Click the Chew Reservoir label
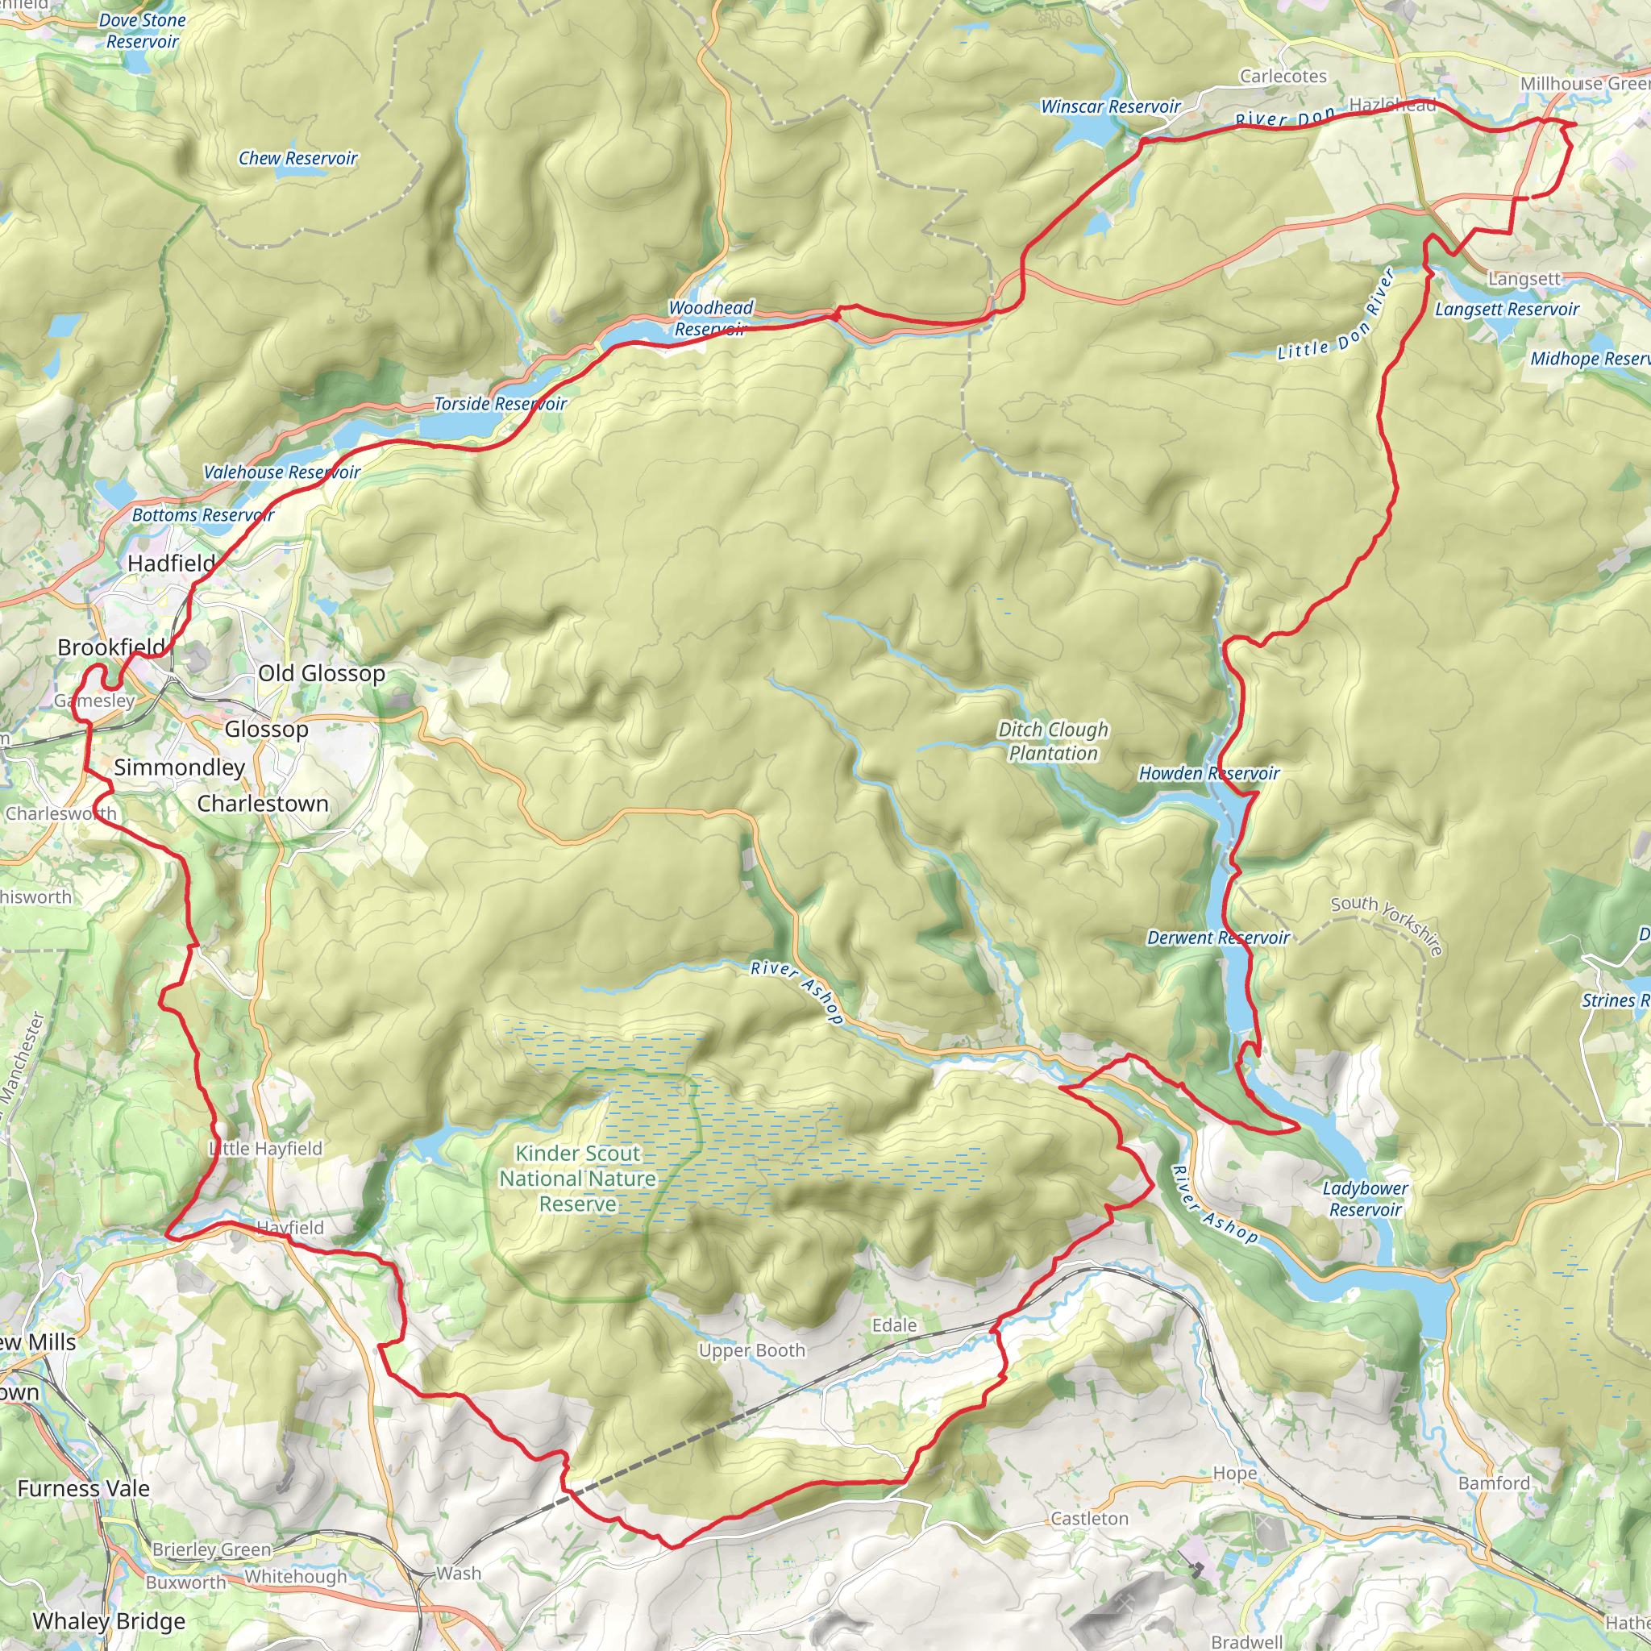point(297,158)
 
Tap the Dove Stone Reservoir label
point(142,31)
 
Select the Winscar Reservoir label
point(1110,107)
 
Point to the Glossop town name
point(266,729)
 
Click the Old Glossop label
point(322,673)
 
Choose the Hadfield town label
point(171,564)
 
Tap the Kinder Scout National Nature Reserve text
point(578,1179)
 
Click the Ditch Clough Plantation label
point(1053,741)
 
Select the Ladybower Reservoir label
point(1365,1199)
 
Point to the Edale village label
point(894,1325)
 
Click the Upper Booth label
point(751,1351)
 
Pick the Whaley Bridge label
point(109,1621)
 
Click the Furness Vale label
point(83,1489)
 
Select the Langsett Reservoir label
point(1507,310)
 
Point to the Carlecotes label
point(1283,77)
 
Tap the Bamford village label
point(1494,1483)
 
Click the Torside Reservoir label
point(500,403)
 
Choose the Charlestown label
point(262,804)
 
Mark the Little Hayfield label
point(267,1149)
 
